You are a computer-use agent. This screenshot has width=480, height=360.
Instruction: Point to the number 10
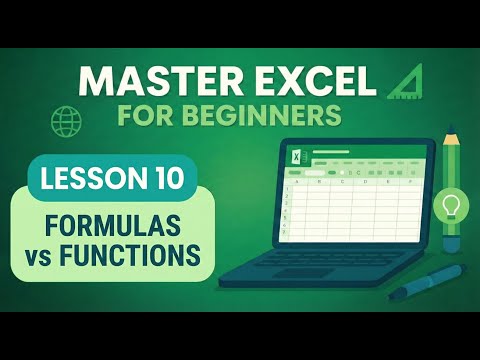tap(167, 178)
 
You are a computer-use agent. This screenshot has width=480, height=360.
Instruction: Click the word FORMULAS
tap(112, 225)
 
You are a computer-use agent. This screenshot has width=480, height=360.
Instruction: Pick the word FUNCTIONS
tap(130, 255)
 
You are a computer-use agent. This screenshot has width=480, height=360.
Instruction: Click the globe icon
tap(66, 121)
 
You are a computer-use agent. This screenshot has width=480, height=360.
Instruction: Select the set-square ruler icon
tap(405, 81)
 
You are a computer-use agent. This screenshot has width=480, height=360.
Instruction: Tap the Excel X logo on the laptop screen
tap(296, 156)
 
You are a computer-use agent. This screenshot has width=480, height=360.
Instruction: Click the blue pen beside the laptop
tap(427, 281)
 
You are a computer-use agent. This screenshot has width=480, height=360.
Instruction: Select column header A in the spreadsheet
tap(297, 182)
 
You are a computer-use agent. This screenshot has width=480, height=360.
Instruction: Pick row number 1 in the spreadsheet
tap(287, 189)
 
